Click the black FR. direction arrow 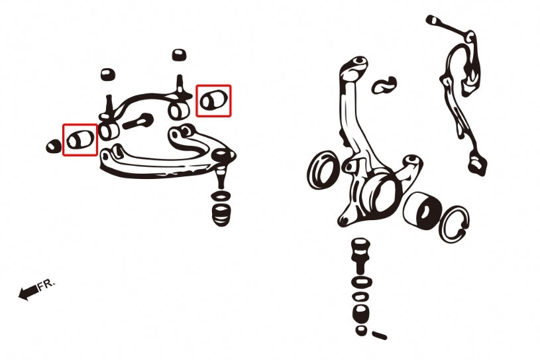(x=28, y=292)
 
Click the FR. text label (x=46, y=284)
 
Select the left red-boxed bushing (x=80, y=139)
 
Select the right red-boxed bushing (x=213, y=100)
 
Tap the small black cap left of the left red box (x=54, y=147)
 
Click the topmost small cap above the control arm (x=179, y=55)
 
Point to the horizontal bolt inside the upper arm (x=138, y=121)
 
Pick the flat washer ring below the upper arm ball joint (x=221, y=197)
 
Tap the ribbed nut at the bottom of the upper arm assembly (x=221, y=215)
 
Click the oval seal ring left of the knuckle (x=323, y=170)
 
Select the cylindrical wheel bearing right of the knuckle (x=423, y=210)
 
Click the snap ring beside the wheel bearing (x=455, y=224)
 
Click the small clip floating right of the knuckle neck (x=384, y=85)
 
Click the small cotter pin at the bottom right (x=380, y=335)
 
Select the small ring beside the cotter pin (x=361, y=330)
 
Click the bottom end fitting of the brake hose (x=477, y=164)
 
